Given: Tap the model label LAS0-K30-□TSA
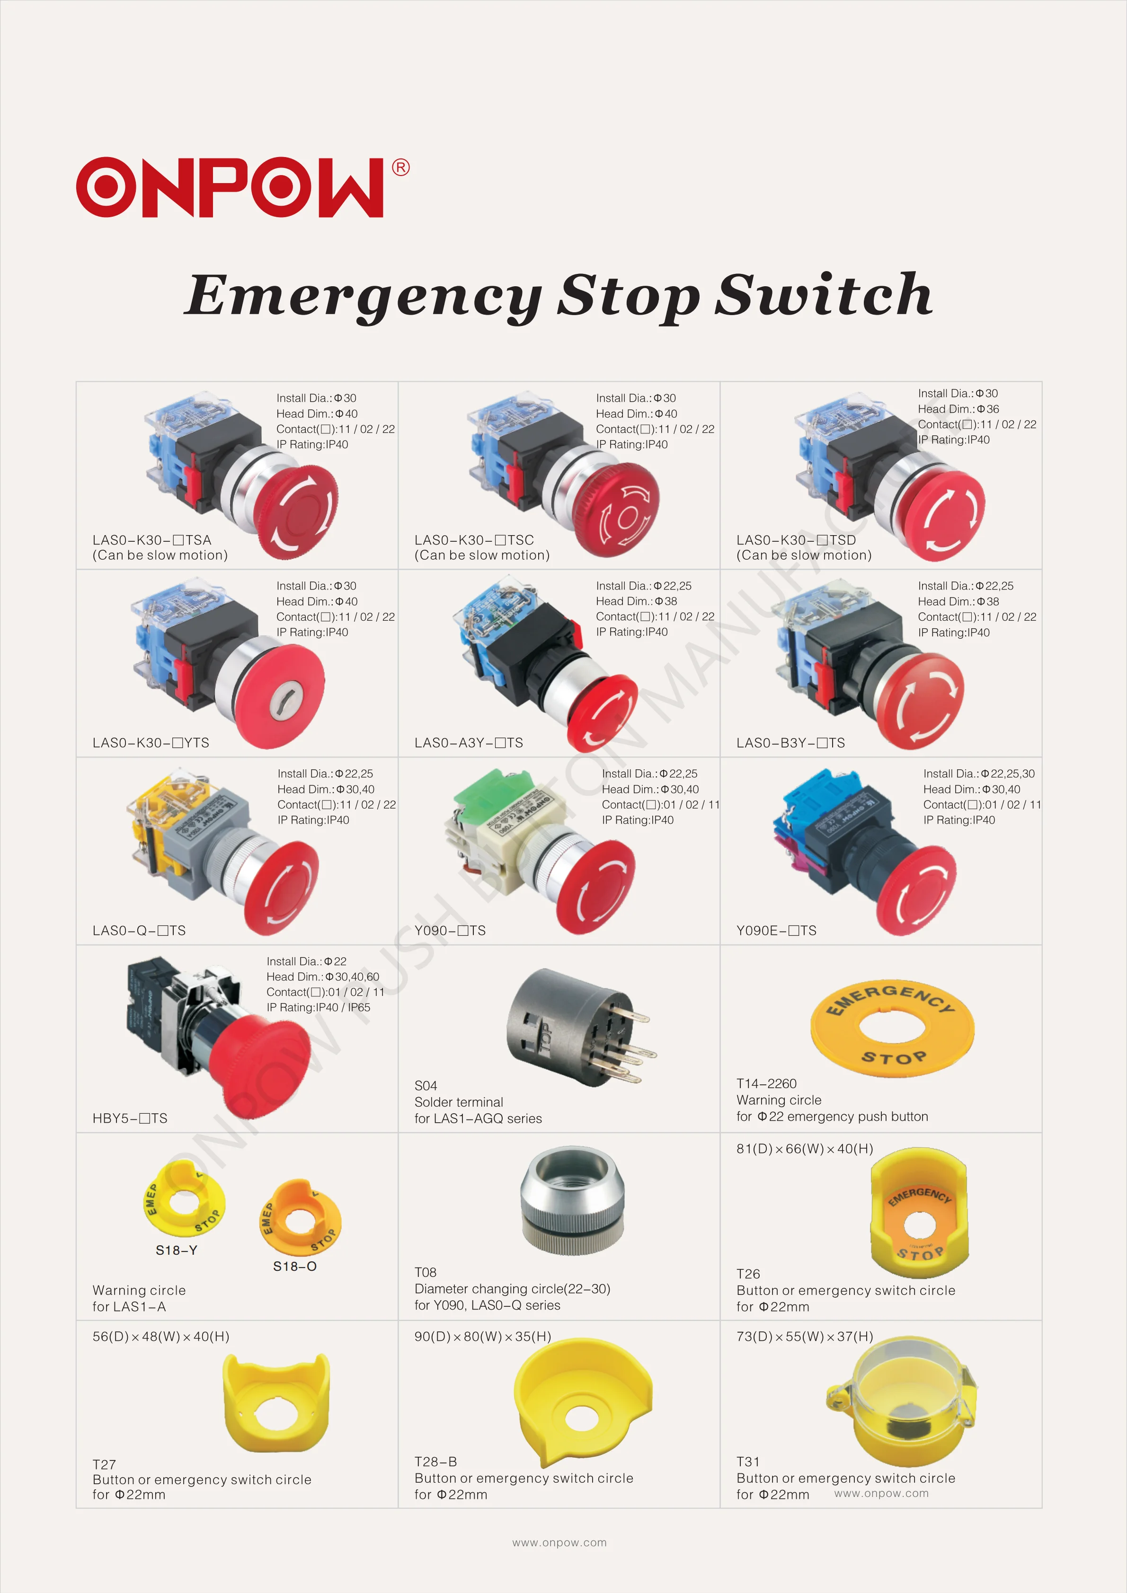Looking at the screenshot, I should tap(152, 540).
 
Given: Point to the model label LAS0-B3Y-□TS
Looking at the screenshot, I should tap(790, 743).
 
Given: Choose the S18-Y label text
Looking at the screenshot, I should tap(176, 1250).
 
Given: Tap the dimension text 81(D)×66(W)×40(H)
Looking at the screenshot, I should tap(804, 1149).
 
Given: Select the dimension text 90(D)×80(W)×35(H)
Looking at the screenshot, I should tap(482, 1336).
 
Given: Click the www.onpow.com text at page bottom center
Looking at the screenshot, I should tap(559, 1542).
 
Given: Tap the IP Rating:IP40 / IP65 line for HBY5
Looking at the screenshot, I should tap(319, 1007).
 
